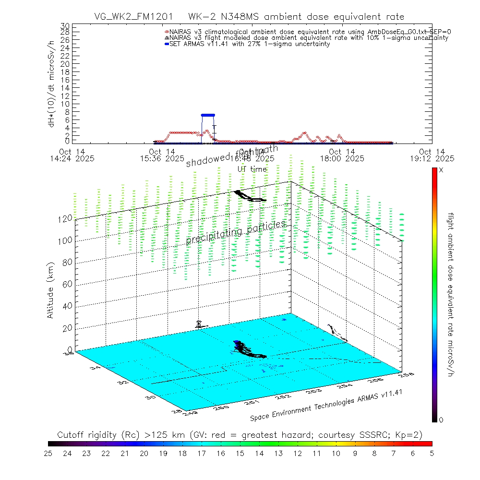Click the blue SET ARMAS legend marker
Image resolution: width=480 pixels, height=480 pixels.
(x=167, y=44)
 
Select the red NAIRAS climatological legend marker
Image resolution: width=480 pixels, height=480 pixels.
(x=167, y=32)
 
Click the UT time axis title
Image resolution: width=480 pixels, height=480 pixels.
(x=252, y=169)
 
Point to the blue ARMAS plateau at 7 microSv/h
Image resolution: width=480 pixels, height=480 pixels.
(x=208, y=115)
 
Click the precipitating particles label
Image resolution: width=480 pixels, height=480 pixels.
(x=236, y=232)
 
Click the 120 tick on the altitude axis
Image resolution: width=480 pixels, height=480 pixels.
(x=66, y=218)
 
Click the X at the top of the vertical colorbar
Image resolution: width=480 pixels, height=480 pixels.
(x=441, y=170)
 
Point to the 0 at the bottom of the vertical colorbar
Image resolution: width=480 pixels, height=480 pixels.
(x=441, y=420)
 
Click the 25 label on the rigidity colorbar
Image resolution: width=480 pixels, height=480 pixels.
(x=48, y=453)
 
